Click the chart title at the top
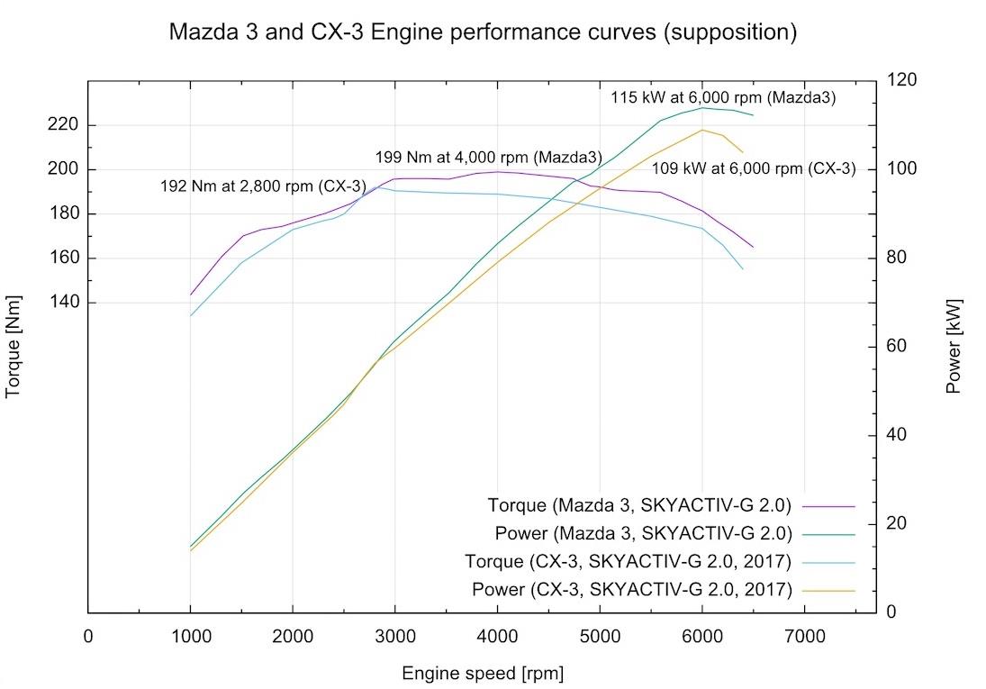click(x=484, y=33)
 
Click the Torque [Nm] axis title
click(x=14, y=347)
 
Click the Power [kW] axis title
click(x=954, y=347)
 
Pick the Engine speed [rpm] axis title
click(x=483, y=673)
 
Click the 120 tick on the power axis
click(x=902, y=81)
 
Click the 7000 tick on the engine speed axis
click(x=803, y=636)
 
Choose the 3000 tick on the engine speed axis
click(x=394, y=636)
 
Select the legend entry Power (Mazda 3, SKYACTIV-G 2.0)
click(x=643, y=533)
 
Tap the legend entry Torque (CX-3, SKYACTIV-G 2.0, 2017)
click(x=628, y=562)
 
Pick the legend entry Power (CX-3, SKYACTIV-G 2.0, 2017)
click(x=631, y=591)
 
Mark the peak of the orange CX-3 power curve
click(x=701, y=130)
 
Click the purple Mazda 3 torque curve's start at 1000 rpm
click(x=191, y=295)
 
